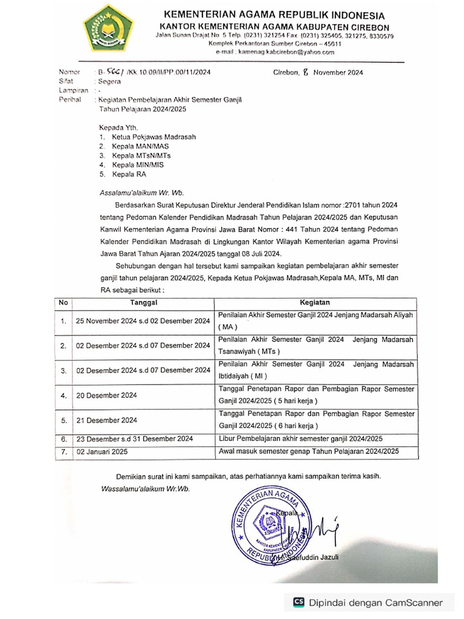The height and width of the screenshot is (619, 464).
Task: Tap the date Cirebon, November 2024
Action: pyautogui.click(x=318, y=72)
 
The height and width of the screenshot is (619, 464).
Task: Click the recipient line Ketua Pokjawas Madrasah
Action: pyautogui.click(x=153, y=137)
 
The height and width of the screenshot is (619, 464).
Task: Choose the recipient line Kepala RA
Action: pyautogui.click(x=128, y=174)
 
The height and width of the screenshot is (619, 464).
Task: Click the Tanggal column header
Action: pyautogui.click(x=143, y=302)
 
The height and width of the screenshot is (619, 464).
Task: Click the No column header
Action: pyautogui.click(x=63, y=302)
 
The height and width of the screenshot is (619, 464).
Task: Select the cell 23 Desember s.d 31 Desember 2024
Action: pyautogui.click(x=134, y=439)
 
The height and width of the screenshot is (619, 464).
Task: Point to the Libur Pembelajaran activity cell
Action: pyautogui.click(x=300, y=439)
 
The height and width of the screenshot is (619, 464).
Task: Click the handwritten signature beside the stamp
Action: pyautogui.click(x=327, y=530)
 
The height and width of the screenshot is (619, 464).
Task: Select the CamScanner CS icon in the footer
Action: pyautogui.click(x=298, y=602)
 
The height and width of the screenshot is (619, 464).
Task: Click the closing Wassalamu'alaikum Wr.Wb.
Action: pyautogui.click(x=144, y=488)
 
